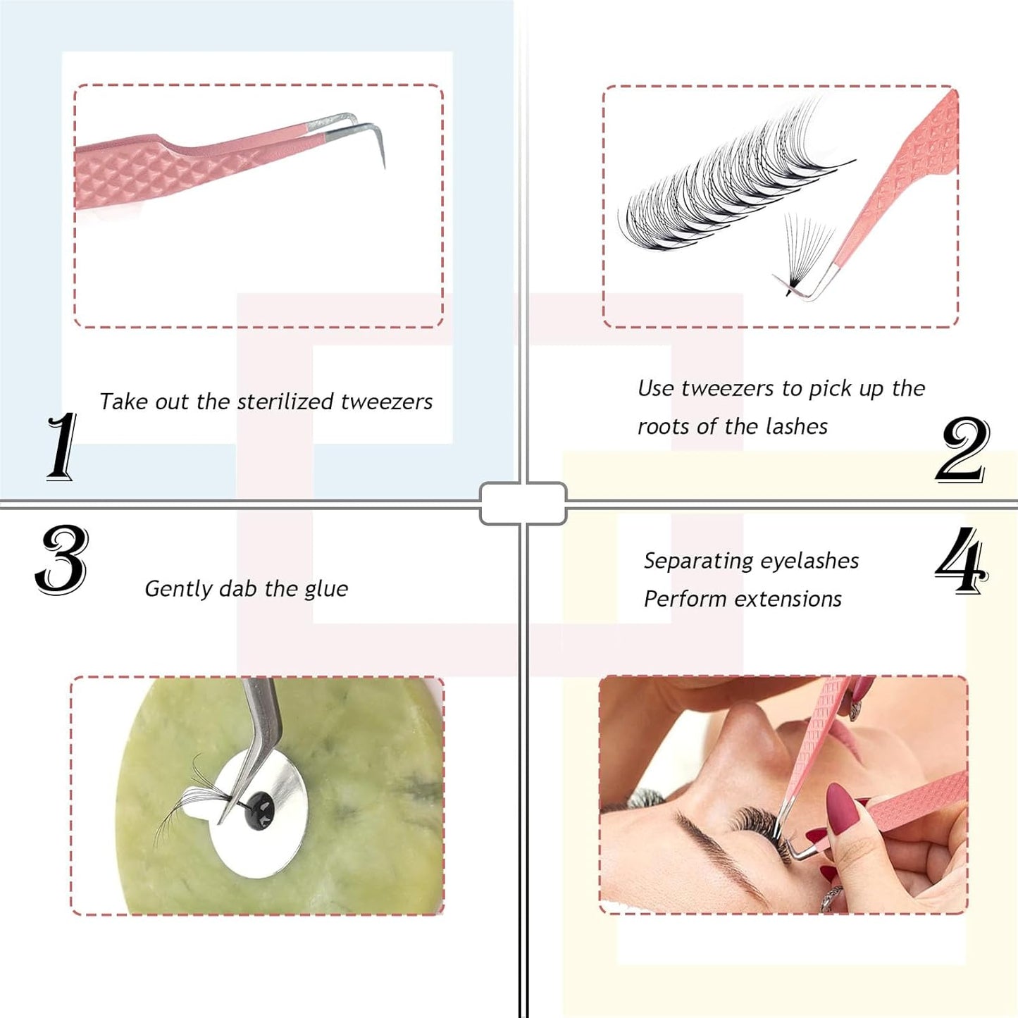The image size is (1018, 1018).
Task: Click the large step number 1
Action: tap(62, 447)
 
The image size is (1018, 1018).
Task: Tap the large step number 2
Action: tap(962, 449)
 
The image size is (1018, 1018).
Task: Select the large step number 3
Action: tap(62, 560)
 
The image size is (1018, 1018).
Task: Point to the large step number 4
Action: tap(961, 561)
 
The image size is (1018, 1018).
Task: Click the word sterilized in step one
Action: tap(285, 402)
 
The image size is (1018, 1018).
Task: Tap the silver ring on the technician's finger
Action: tap(831, 898)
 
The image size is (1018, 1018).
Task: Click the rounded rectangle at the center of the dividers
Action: tap(523, 503)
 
